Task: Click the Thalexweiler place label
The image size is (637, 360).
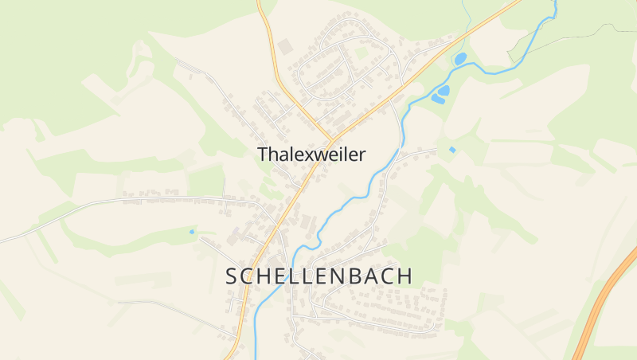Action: pos(311,155)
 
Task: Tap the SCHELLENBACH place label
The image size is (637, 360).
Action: pos(319,276)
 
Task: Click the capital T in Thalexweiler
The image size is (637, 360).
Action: pos(263,155)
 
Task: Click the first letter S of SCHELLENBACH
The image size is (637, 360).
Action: pos(232,276)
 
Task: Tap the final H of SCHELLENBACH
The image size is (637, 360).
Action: pos(405,276)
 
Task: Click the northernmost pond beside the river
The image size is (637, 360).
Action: pos(459,58)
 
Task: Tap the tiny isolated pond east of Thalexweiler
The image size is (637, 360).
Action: pos(452,149)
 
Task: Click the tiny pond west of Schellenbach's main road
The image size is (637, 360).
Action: pos(191,231)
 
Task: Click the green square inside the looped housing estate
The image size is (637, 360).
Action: pos(362,53)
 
